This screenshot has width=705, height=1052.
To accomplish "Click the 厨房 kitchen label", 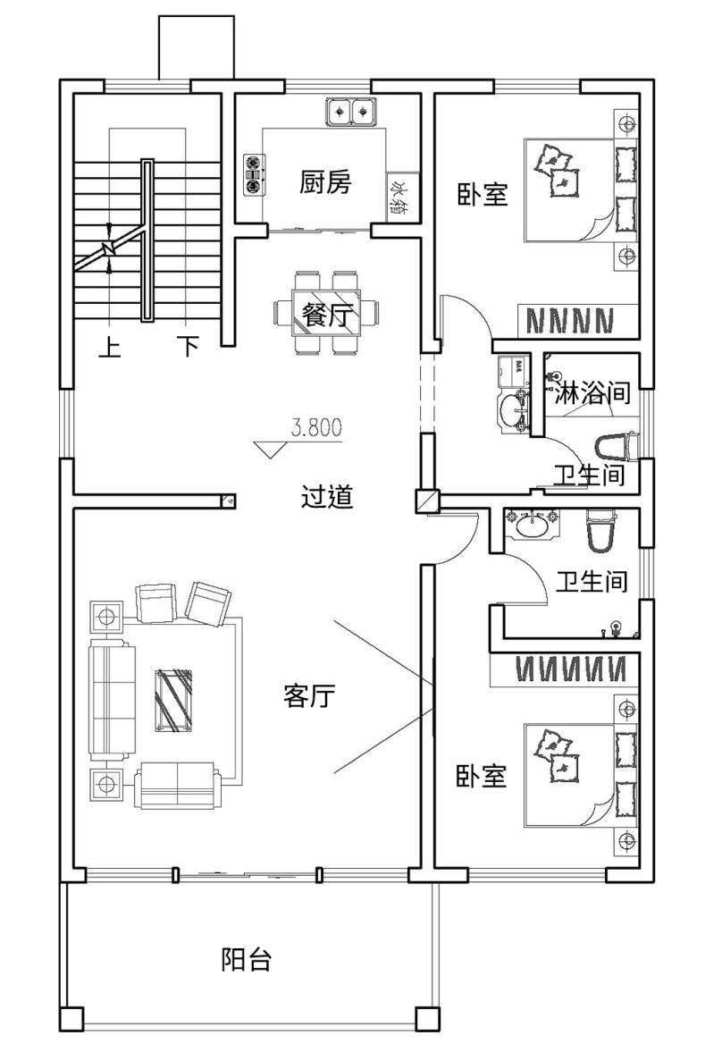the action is (325, 182).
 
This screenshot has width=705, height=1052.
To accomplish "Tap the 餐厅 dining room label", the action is (327, 314).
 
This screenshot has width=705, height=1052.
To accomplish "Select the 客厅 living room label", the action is (308, 695).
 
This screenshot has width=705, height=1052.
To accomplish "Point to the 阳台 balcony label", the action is (247, 959).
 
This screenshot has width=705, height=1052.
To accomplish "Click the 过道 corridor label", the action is (327, 496).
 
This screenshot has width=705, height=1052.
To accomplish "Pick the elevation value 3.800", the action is (316, 427).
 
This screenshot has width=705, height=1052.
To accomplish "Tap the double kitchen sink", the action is (351, 111).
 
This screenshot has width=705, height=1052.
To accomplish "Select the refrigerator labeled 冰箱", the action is (402, 195).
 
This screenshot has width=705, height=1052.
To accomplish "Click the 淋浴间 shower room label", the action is (592, 392).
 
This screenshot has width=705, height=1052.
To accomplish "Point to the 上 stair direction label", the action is (109, 347).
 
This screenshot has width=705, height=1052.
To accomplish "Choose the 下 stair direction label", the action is (189, 347).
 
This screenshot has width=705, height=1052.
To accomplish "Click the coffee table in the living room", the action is (173, 700).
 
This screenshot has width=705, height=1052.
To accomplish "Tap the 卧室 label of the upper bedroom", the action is (483, 195).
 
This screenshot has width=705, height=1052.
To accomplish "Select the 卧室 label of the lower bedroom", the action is (481, 776).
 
